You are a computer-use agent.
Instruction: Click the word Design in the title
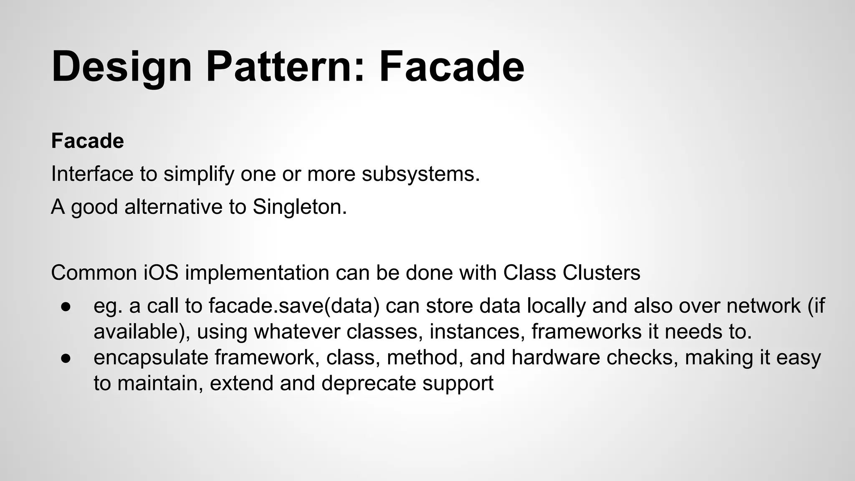(121, 67)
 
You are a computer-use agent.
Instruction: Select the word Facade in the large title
(451, 67)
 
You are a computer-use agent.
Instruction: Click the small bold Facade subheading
(87, 141)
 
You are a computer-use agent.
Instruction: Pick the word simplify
(199, 174)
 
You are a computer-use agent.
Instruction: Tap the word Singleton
(300, 207)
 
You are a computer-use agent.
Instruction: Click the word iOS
(161, 273)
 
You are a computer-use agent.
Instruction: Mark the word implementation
(257, 273)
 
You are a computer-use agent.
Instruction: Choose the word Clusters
(601, 273)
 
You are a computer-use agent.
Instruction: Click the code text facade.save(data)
(294, 306)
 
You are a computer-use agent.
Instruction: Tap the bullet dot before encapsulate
(66, 358)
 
